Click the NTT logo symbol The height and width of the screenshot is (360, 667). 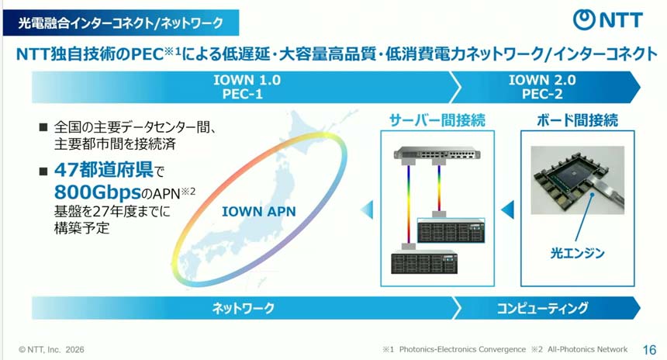[584, 19]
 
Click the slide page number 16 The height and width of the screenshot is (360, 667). [649, 350]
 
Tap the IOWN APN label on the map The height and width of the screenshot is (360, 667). [258, 212]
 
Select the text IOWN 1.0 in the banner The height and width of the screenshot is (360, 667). [247, 80]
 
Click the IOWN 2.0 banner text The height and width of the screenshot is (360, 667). [542, 80]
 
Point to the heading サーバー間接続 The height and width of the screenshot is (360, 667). [437, 120]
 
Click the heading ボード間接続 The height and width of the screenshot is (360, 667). [577, 120]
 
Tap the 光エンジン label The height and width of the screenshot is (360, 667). [577, 253]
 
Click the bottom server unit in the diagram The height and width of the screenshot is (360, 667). [424, 263]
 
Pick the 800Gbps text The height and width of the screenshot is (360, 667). [98, 192]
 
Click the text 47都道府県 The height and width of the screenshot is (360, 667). [104, 170]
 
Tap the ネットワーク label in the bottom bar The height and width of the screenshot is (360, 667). [244, 308]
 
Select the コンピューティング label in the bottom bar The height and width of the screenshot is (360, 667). [542, 308]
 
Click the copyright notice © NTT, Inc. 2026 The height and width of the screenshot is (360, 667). [51, 350]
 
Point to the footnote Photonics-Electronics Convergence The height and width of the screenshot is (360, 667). [462, 349]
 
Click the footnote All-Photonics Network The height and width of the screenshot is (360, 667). [587, 349]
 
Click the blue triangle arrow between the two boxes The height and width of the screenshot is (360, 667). [507, 209]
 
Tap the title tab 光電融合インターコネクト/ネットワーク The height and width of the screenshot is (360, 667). [121, 23]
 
